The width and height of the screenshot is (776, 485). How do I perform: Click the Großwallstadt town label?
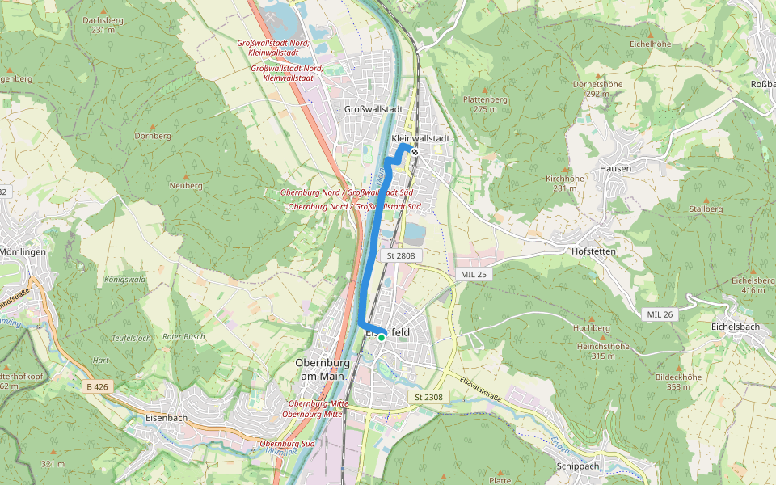click(373, 109)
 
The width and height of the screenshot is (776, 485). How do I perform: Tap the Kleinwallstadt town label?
click(420, 138)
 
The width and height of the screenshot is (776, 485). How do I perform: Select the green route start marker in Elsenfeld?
click(382, 338)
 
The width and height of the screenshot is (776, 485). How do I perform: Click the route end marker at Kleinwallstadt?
click(414, 151)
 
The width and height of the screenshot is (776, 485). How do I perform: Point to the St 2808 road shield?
click(401, 255)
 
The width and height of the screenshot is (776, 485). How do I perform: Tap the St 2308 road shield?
click(428, 397)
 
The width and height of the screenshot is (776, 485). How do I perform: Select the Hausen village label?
click(615, 168)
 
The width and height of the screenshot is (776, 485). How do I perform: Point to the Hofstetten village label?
click(593, 251)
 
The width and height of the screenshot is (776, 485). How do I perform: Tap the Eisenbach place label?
click(167, 418)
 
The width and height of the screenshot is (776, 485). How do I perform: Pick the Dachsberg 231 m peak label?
click(103, 25)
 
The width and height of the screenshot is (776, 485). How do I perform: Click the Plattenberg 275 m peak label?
click(484, 103)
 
